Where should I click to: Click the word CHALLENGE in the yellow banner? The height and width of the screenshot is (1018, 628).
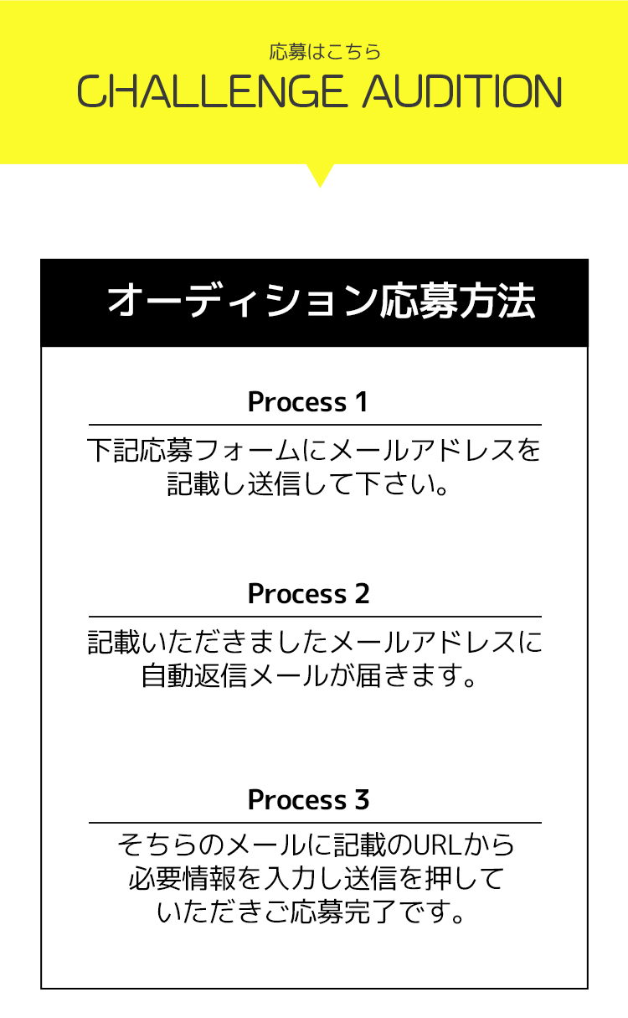209,91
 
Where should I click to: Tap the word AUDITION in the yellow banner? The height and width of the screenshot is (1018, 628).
462,91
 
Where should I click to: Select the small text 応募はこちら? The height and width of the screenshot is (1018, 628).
325,52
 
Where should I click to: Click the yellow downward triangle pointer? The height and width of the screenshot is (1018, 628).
320,175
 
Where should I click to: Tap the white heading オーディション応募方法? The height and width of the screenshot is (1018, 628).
321,301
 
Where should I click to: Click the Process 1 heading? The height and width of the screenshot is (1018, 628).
307,402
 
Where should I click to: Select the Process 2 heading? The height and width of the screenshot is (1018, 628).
308,594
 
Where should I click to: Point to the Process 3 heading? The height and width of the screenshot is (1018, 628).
308,799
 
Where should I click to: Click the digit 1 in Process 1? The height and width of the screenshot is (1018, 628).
362,402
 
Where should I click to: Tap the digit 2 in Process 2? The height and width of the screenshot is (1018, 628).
362,594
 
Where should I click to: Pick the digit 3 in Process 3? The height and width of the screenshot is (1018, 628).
362,799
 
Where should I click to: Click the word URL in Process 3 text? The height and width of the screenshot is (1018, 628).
436,845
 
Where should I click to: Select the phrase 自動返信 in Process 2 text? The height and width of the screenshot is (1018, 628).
194,676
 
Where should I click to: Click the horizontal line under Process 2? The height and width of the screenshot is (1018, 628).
315,617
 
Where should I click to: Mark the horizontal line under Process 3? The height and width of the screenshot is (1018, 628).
315,823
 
